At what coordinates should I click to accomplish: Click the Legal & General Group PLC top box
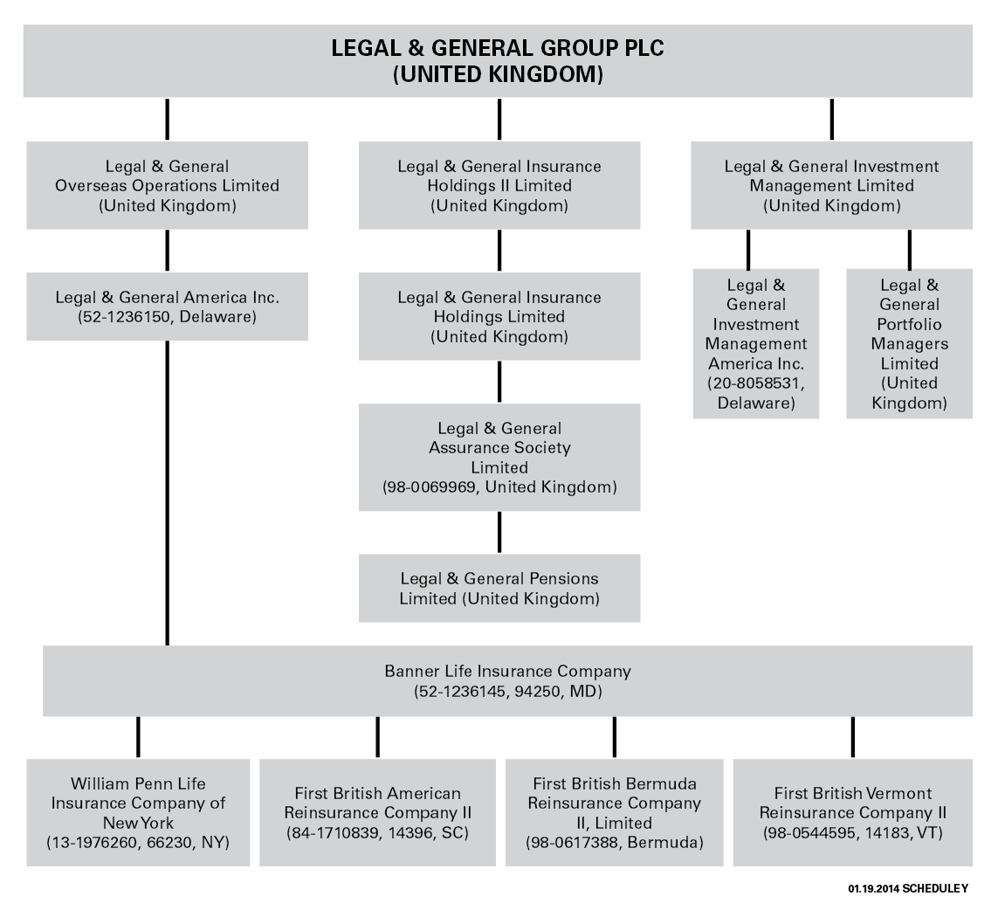[x=498, y=60]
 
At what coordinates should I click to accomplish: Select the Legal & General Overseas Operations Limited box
[x=167, y=186]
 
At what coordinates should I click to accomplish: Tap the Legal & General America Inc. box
[x=167, y=307]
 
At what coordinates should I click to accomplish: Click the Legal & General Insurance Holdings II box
[x=499, y=186]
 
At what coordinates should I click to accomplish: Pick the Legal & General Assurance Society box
[x=499, y=458]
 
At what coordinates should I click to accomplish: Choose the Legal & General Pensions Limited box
[x=499, y=588]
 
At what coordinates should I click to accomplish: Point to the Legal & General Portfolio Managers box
[x=909, y=344]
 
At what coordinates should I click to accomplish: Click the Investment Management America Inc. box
[x=756, y=344]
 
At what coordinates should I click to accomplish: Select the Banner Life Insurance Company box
[x=507, y=681]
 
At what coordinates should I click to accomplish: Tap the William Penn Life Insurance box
[x=138, y=812]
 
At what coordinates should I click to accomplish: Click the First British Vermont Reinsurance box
[x=852, y=812]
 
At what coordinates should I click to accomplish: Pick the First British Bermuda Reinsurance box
[x=615, y=812]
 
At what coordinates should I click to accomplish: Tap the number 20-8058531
[x=756, y=383]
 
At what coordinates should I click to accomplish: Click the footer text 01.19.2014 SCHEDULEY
[x=908, y=888]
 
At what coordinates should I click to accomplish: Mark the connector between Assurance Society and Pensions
[x=499, y=532]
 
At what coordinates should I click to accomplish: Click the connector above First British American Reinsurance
[x=377, y=737]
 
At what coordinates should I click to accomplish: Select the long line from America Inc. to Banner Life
[x=167, y=493]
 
